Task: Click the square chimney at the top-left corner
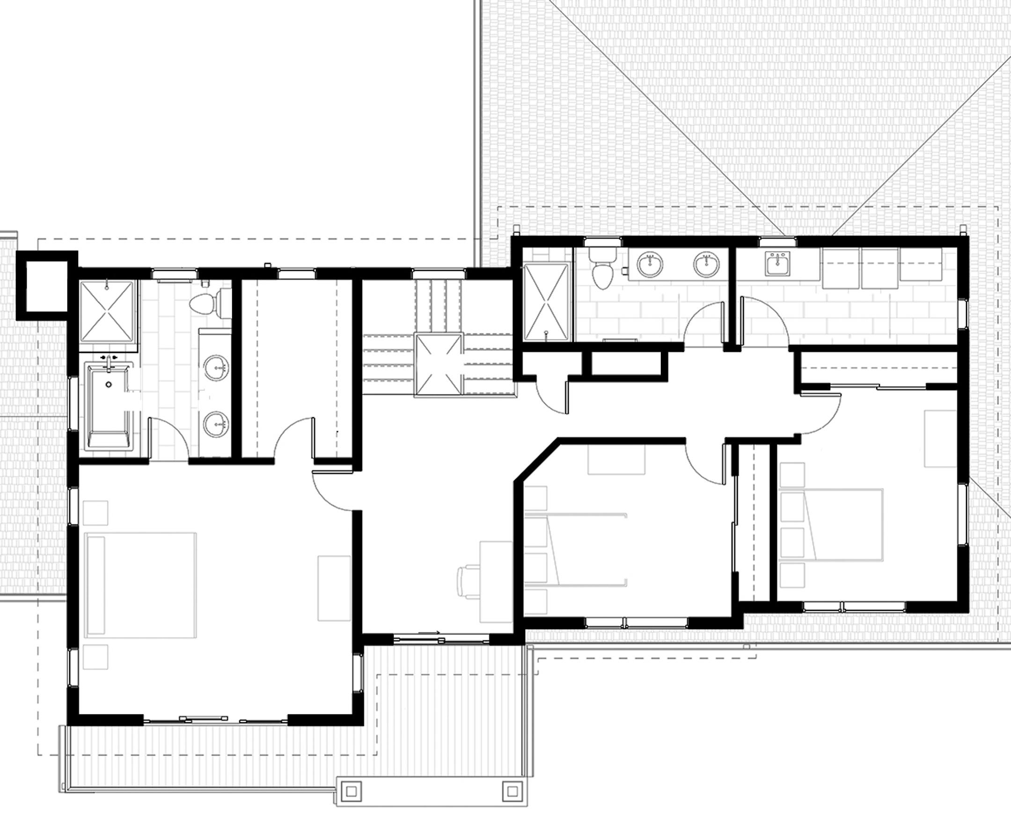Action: [46, 286]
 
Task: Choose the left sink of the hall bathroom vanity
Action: [650, 264]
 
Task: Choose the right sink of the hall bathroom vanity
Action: [707, 264]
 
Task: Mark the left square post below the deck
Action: [353, 792]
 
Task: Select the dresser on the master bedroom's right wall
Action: [334, 588]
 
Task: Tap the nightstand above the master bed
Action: [95, 513]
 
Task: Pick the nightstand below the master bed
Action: [95, 657]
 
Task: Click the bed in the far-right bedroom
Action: [832, 524]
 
